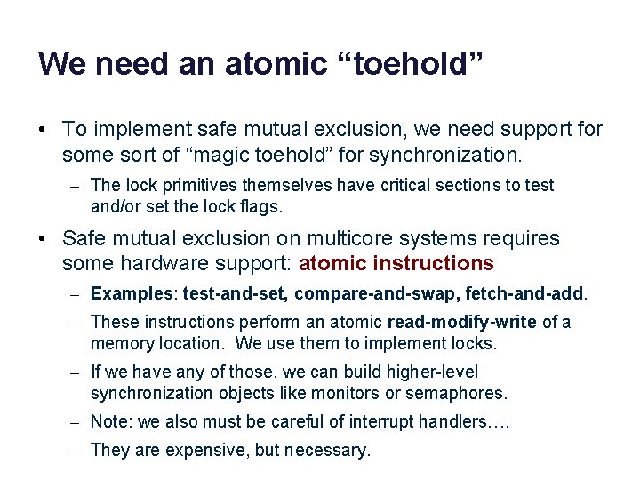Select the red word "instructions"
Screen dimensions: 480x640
(434, 263)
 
